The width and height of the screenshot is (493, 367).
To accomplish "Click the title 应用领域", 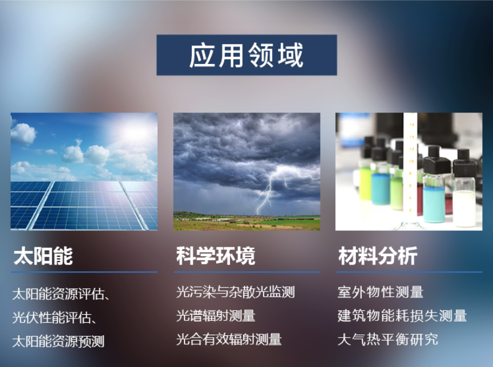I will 246,56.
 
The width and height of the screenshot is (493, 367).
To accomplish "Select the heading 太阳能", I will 43,256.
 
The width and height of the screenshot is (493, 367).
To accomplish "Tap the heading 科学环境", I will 215,256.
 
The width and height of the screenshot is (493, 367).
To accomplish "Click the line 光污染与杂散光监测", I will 235,293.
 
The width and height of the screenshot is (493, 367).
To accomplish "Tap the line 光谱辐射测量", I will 216,316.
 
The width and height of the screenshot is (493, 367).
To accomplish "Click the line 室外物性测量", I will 380,293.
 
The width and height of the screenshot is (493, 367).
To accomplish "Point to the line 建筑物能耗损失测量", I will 402,316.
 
